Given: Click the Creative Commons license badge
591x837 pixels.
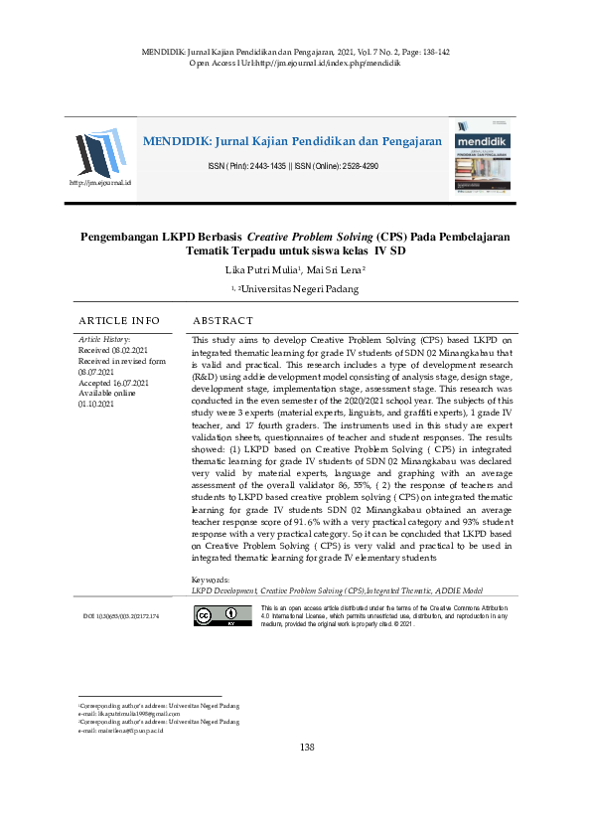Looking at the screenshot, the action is [x=208, y=616].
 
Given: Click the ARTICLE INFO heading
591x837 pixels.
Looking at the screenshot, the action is [x=119, y=320].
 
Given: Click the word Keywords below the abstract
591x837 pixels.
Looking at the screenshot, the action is [x=210, y=579].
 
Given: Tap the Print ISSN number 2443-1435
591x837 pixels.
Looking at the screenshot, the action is [x=255, y=166].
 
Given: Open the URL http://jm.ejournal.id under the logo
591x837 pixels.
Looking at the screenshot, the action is [x=100, y=184].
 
